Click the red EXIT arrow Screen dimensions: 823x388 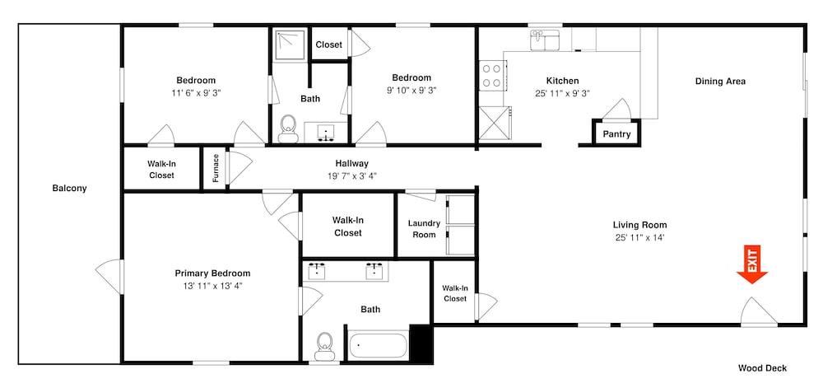[751, 265]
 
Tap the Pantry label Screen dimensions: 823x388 [616, 134]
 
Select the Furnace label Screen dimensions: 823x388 [215, 167]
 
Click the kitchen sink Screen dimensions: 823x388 [545, 40]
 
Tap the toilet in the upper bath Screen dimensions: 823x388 [287, 129]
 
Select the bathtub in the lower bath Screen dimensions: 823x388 [378, 346]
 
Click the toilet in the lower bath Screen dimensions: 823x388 [325, 347]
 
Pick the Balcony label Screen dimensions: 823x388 [69, 188]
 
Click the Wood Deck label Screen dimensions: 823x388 [763, 368]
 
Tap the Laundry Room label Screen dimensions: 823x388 [424, 229]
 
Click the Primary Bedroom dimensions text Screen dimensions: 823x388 [212, 286]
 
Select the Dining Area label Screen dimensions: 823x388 [721, 82]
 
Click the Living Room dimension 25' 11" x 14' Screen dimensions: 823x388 [639, 237]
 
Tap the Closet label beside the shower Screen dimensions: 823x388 [329, 44]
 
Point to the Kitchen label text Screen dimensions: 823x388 [563, 81]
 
